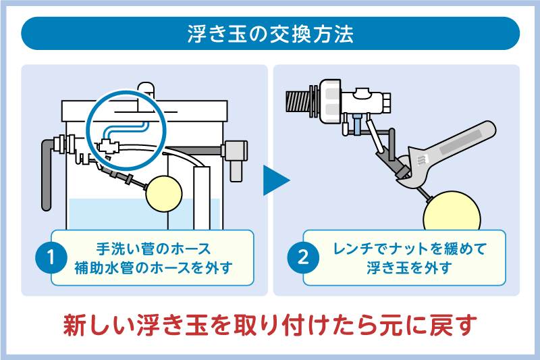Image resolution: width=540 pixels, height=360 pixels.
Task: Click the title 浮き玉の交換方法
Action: click(x=270, y=34)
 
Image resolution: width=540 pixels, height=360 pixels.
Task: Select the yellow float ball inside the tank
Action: click(x=165, y=192)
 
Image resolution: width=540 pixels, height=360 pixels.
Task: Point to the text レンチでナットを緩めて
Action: click(x=409, y=248)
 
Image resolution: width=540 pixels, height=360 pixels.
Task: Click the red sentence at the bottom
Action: click(x=270, y=326)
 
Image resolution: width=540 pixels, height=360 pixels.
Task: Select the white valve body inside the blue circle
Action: click(x=109, y=145)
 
